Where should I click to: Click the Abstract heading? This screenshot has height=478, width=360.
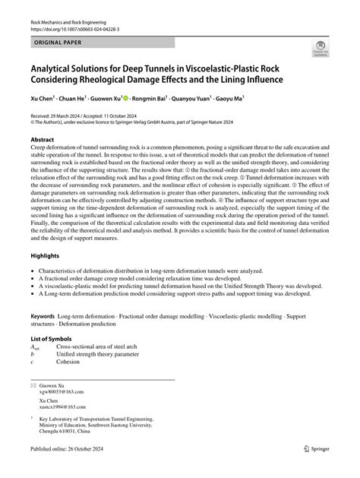point(43,141)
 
